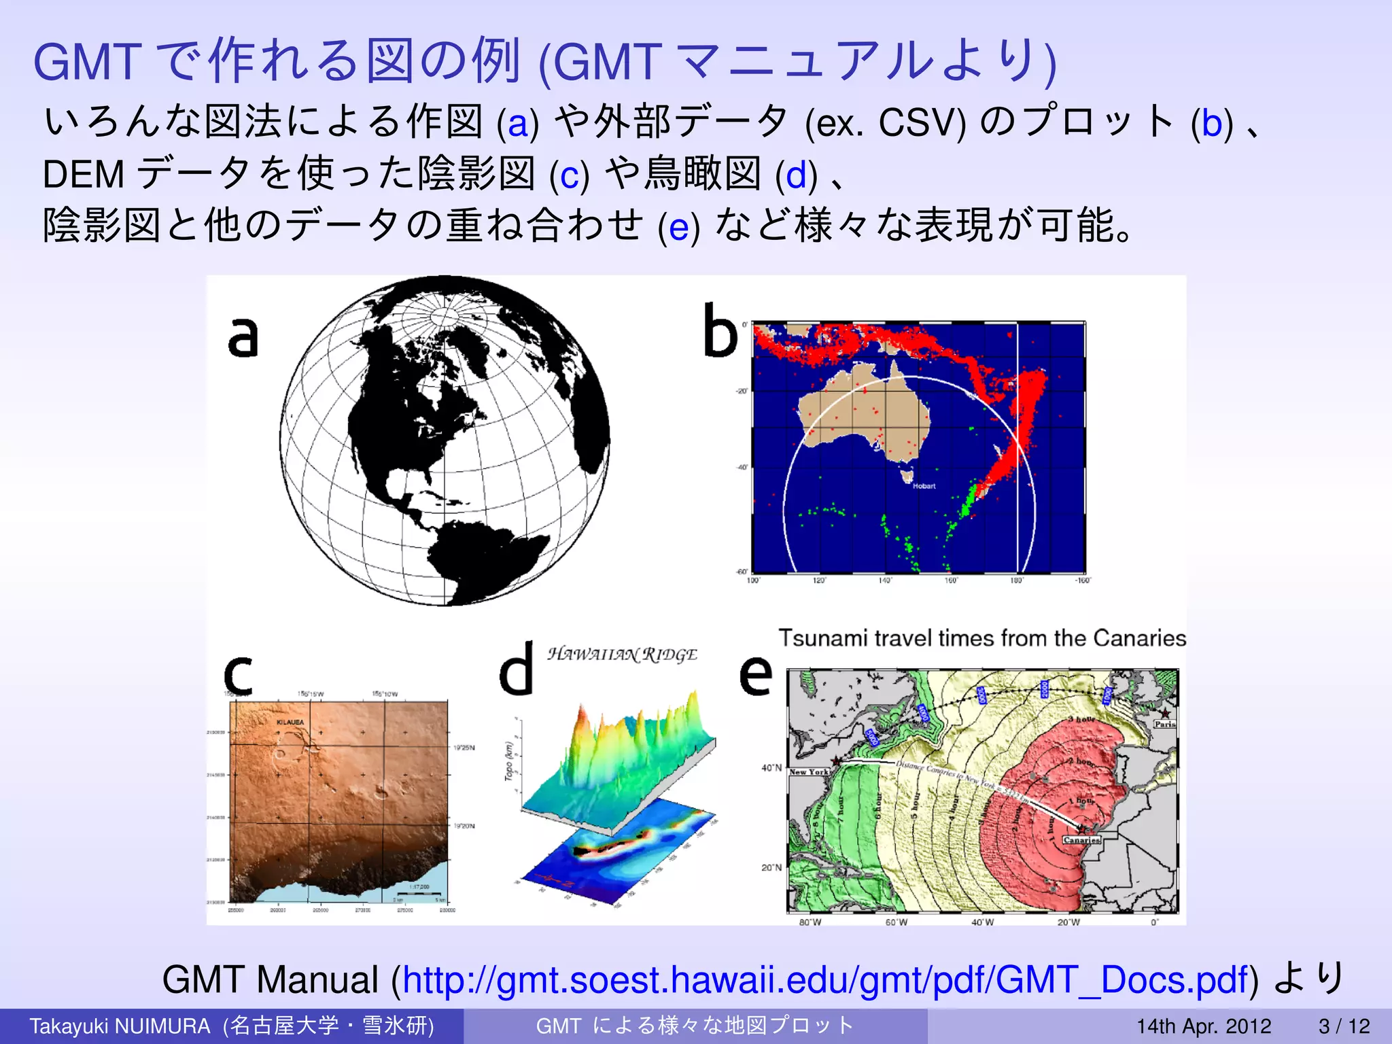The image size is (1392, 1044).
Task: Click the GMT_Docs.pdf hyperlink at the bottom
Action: coord(825,980)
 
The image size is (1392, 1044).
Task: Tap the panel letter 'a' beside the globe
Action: coord(243,337)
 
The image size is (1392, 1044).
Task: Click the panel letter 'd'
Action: coord(516,669)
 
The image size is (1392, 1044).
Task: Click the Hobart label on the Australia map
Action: coord(924,486)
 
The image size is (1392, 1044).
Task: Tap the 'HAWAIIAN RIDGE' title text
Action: coord(622,655)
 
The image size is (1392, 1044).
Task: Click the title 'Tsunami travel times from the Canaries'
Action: coord(981,638)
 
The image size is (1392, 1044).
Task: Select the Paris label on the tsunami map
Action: coord(1164,724)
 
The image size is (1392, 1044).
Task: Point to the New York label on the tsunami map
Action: coord(809,772)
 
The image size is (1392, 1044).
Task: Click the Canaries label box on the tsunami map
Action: coord(1081,840)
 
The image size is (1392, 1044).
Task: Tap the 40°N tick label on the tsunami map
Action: coord(771,768)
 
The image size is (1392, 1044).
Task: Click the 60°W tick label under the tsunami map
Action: coord(896,922)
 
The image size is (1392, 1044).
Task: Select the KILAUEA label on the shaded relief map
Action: coord(290,722)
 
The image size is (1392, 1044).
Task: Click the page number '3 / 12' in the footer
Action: coord(1344,1026)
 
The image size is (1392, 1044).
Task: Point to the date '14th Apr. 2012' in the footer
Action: coord(1204,1026)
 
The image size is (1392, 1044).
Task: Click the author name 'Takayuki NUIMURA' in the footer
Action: coord(120,1026)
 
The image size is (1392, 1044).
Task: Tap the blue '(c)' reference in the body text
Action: coord(569,175)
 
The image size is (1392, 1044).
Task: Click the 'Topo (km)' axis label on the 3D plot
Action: coord(508,761)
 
